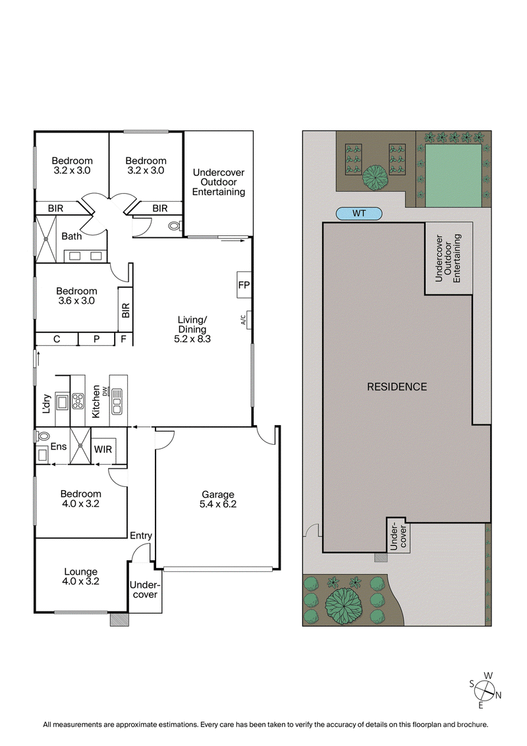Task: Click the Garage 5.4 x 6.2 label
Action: click(x=217, y=500)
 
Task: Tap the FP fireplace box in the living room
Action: click(x=243, y=285)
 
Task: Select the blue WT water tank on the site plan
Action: click(x=359, y=214)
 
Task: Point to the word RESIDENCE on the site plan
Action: click(x=397, y=387)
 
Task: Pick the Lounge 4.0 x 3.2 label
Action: click(x=80, y=577)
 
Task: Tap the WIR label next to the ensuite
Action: click(x=103, y=449)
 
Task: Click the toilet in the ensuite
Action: click(x=42, y=436)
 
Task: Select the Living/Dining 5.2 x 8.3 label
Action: click(x=192, y=330)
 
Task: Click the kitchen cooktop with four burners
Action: click(x=77, y=401)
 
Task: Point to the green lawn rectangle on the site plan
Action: click(x=453, y=176)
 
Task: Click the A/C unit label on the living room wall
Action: click(x=243, y=321)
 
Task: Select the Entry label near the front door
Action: click(x=142, y=536)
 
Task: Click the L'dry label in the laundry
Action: click(x=46, y=402)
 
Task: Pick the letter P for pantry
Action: click(x=96, y=339)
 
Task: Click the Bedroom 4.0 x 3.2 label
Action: click(x=80, y=499)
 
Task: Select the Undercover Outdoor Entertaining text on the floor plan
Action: click(x=219, y=183)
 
